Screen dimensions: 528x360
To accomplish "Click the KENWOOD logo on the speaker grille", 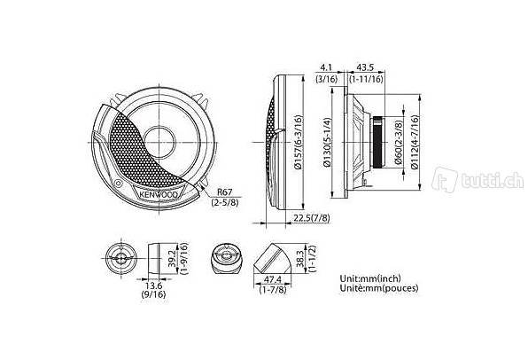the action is pos(159,195).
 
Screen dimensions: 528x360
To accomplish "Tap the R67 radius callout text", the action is pos(224,192).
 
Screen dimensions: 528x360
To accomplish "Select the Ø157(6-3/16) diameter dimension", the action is pos(299,142).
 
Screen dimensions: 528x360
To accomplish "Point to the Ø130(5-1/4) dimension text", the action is pos(327,142).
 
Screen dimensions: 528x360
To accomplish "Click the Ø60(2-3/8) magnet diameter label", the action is pos(399,142).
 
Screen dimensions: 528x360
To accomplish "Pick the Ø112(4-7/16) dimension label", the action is pos(415,142).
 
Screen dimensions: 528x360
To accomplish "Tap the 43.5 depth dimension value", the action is pos(365,67).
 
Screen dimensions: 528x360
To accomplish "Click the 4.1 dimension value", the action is pos(326,67).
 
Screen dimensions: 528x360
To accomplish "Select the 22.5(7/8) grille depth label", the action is pos(312,218).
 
